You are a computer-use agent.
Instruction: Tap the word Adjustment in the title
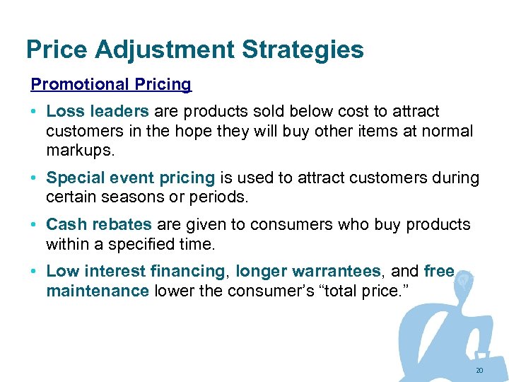[164, 50]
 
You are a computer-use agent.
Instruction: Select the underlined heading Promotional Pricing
[111, 84]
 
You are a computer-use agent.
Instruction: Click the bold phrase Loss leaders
[97, 111]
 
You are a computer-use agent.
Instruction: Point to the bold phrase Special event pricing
[130, 178]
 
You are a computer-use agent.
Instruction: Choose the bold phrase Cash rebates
[98, 224]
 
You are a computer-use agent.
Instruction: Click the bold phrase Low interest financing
[135, 271]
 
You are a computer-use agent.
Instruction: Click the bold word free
[439, 271]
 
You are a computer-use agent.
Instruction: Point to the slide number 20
[479, 370]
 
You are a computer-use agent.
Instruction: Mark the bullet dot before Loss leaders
[35, 112]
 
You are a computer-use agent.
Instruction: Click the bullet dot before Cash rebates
[35, 225]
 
